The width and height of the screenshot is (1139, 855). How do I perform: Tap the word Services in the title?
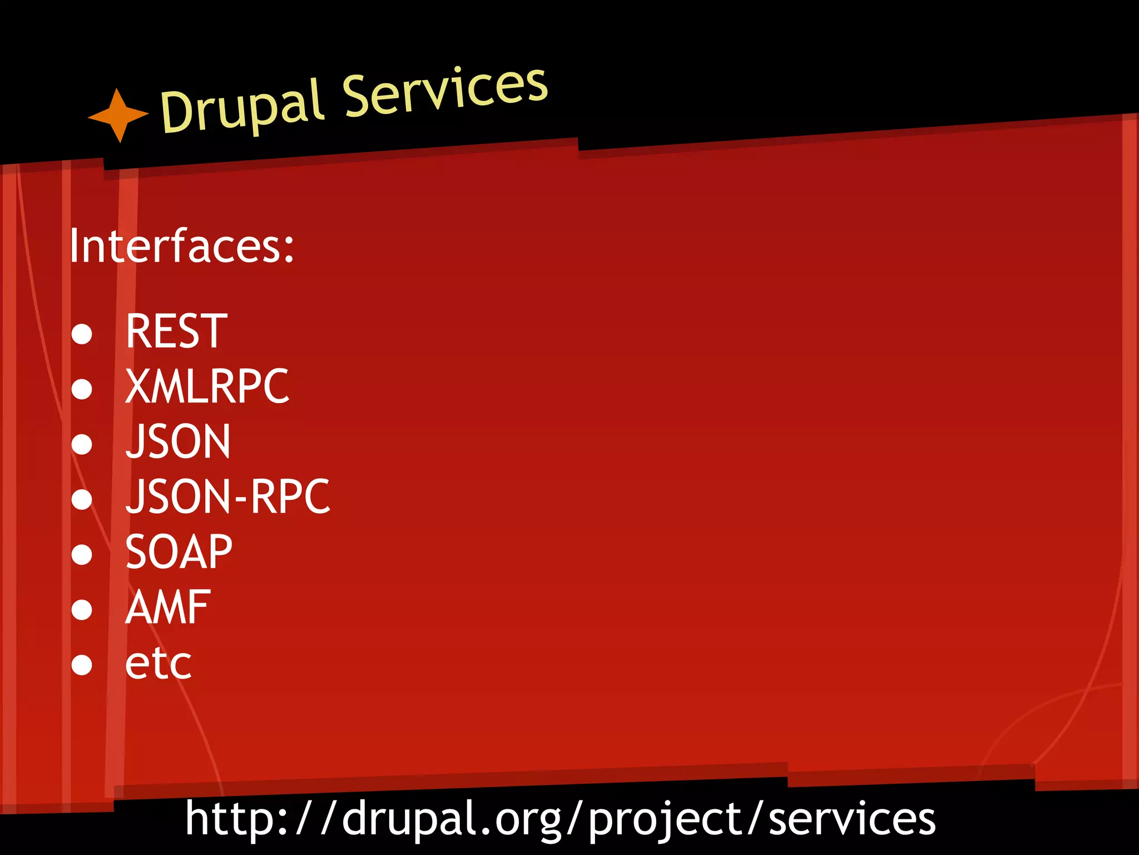pyautogui.click(x=445, y=91)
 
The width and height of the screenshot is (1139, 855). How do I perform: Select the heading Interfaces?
pyautogui.click(x=181, y=246)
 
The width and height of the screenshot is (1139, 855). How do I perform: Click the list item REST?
pyautogui.click(x=176, y=332)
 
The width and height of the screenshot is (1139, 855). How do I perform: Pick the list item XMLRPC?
pyautogui.click(x=207, y=386)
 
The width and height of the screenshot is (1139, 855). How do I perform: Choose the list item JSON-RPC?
pyautogui.click(x=227, y=497)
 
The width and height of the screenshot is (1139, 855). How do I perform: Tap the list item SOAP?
pyautogui.click(x=179, y=552)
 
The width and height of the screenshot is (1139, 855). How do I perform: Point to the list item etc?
pyautogui.click(x=159, y=664)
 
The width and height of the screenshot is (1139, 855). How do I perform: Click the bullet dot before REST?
pyautogui.click(x=82, y=334)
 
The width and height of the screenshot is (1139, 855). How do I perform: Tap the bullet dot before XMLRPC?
pyautogui.click(x=82, y=389)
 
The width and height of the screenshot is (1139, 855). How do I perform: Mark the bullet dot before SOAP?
pyautogui.click(x=82, y=554)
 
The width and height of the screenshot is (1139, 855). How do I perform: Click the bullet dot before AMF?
pyautogui.click(x=82, y=610)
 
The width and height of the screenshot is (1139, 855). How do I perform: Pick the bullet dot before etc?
pyautogui.click(x=82, y=665)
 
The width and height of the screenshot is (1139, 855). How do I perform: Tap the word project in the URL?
pyautogui.click(x=665, y=820)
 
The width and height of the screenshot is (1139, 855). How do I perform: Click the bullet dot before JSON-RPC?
pyautogui.click(x=82, y=499)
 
